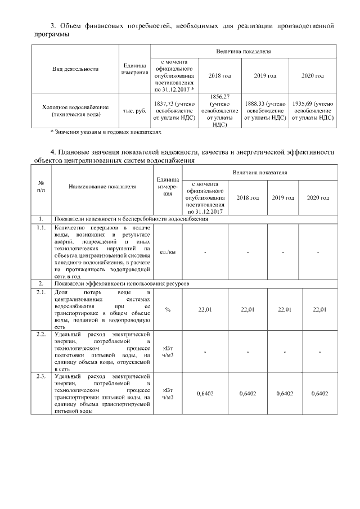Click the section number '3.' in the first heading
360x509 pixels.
(54, 26)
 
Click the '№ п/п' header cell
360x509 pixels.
(41, 186)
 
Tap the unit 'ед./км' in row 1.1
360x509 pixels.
(168, 252)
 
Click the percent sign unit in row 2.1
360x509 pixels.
(168, 309)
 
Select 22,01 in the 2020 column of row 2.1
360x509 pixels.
(319, 309)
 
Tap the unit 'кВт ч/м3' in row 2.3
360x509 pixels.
(168, 393)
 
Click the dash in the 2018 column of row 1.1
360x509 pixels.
(247, 252)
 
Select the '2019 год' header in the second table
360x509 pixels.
(282, 198)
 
